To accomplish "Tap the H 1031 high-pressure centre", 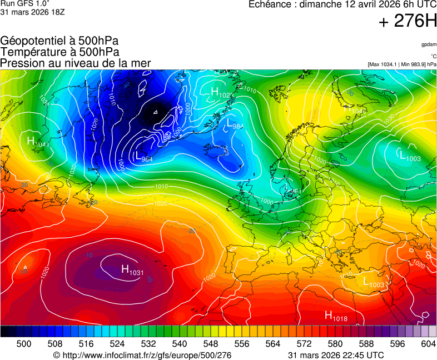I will (132, 271).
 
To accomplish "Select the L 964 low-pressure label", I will (144, 158).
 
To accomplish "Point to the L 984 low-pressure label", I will (235, 124).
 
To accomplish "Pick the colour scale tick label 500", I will (24, 344).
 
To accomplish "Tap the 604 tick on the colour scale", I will (428, 344).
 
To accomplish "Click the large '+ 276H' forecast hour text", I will (408, 22).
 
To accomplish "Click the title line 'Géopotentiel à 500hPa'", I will (59, 41).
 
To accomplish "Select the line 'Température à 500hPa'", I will (59, 52).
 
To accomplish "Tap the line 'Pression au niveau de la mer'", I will (76, 63).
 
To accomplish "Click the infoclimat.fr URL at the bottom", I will (142, 355).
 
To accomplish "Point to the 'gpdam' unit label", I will (428, 44).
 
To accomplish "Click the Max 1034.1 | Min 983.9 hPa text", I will (402, 64).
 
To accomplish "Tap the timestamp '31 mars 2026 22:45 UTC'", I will (336, 355).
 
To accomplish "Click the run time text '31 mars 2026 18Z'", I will (32, 12).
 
